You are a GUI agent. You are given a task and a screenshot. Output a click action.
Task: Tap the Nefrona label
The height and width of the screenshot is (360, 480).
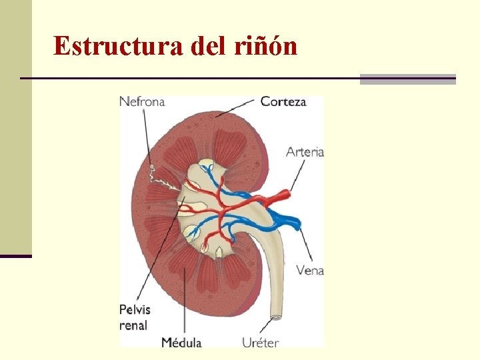[142, 101]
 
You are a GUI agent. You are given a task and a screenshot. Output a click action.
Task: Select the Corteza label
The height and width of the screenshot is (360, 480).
[283, 101]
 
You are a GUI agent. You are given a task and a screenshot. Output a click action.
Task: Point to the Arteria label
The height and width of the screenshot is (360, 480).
[305, 151]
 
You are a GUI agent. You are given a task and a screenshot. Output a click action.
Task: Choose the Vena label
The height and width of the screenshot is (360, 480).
[309, 270]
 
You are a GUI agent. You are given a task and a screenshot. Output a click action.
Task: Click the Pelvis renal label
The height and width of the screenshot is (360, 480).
[135, 317]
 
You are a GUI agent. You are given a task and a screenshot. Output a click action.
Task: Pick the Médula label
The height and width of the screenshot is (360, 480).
[181, 342]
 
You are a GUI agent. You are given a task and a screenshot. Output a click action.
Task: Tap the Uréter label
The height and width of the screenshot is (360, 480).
[260, 342]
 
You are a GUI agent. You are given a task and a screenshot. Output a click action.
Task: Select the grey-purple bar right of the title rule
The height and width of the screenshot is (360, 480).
[407, 79]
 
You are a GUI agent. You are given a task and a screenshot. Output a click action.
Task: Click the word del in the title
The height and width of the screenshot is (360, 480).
[208, 46]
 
